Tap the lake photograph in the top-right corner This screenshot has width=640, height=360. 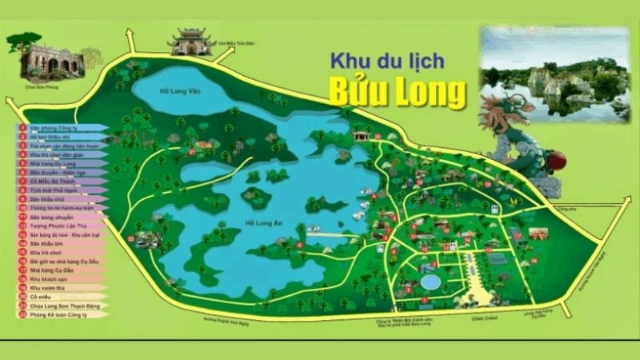[x=554, y=72]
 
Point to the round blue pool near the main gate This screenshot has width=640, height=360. [x=430, y=282]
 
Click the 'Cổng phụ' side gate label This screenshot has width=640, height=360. [x=590, y=210]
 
